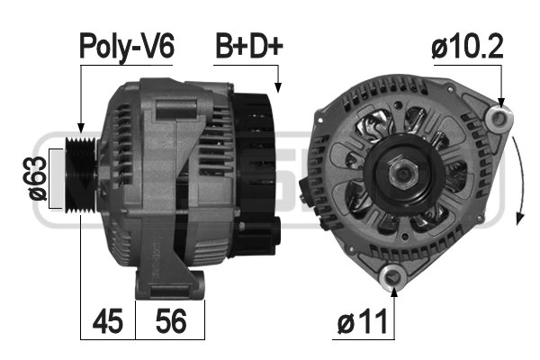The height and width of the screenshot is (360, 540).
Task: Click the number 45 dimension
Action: pyautogui.click(x=108, y=321)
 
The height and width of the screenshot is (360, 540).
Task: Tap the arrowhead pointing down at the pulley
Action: pyautogui.click(x=80, y=130)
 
